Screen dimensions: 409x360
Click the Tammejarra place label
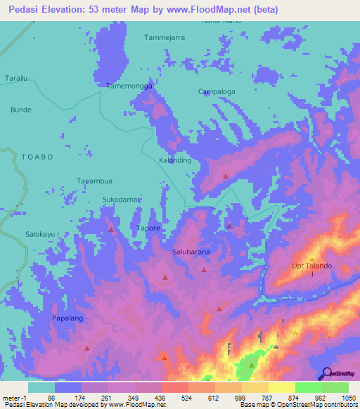164,37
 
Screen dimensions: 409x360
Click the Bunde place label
20,110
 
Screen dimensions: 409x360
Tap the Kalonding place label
174,160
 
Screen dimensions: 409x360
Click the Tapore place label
148,228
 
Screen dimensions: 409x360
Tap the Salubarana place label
191,251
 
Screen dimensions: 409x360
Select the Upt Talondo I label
311,269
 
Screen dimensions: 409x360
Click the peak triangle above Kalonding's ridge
225,176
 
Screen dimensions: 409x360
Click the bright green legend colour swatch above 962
308,387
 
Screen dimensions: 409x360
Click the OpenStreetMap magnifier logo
326,373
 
